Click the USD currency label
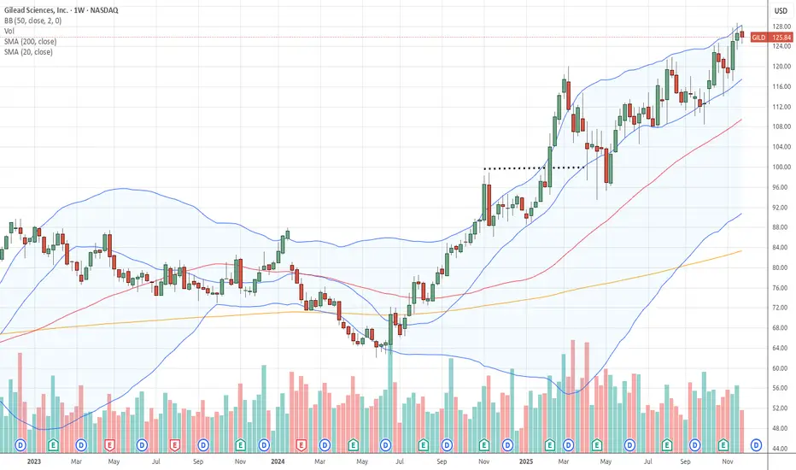point(779,11)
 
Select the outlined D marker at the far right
point(755,445)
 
